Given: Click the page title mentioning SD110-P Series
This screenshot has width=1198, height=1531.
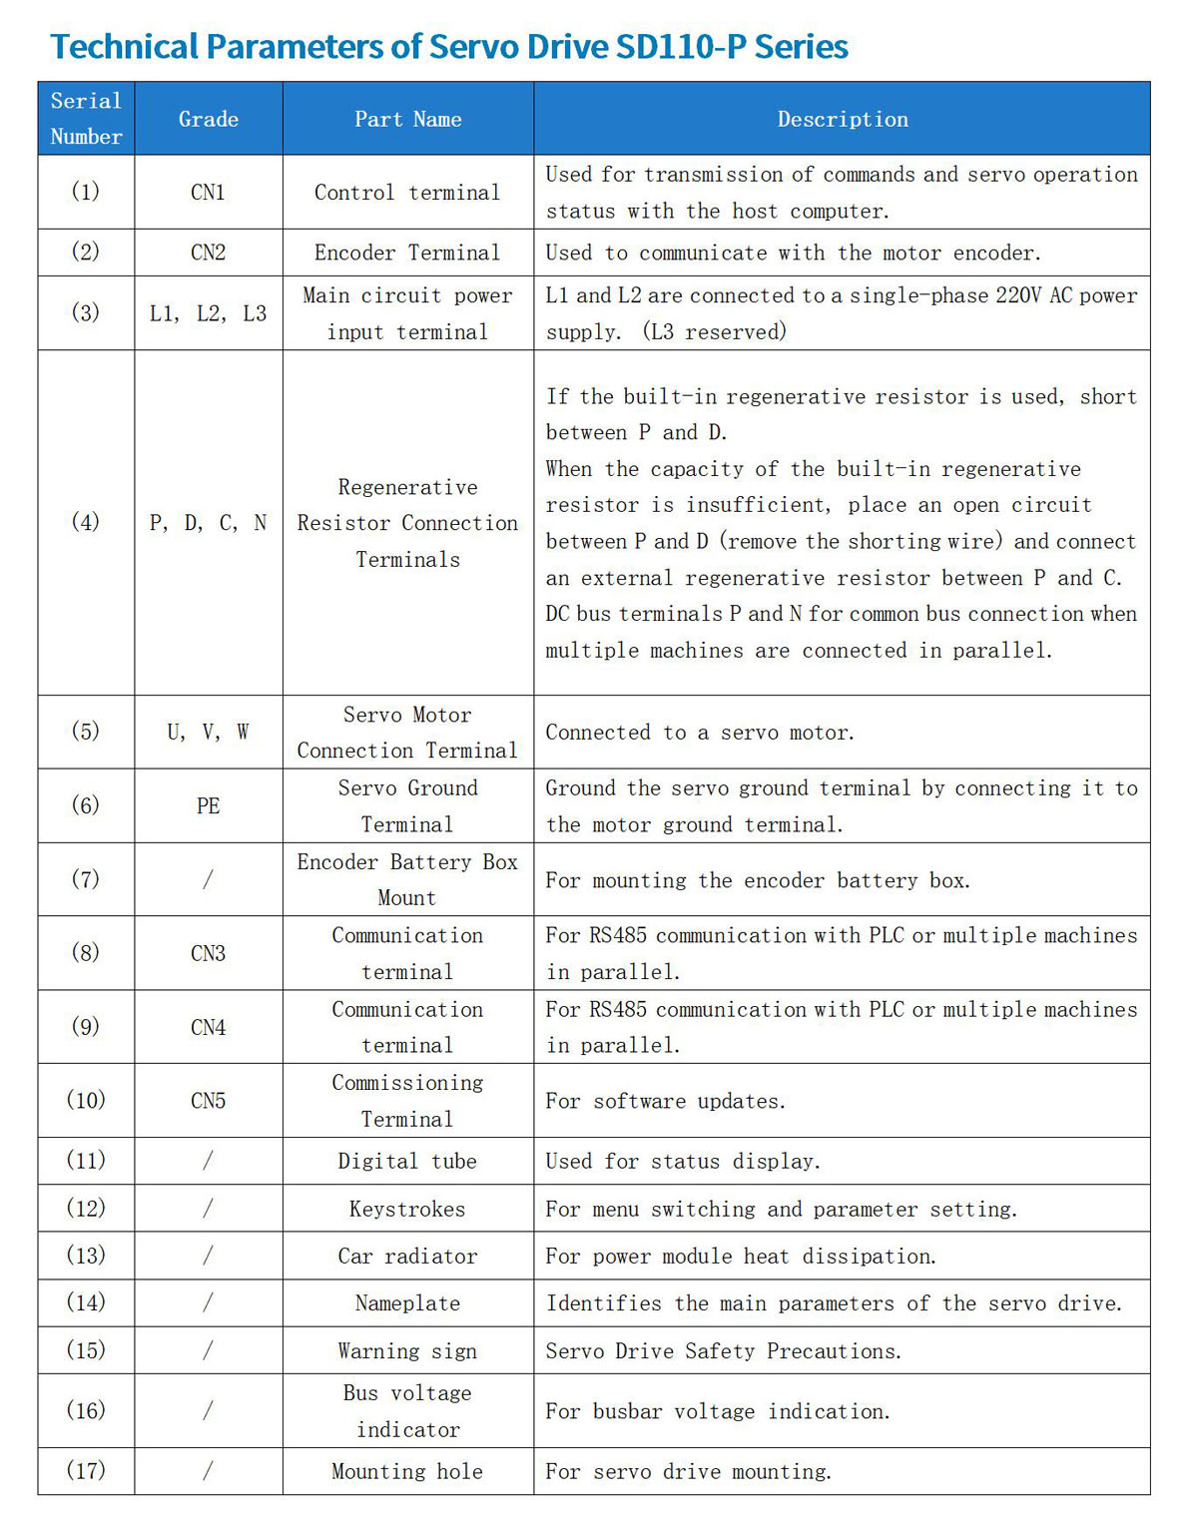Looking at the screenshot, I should pos(449,47).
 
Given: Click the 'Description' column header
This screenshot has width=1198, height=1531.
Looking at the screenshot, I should pos(843,120).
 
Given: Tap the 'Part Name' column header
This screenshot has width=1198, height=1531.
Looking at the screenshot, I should pos(408,120).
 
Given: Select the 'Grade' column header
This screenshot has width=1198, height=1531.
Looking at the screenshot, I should pos(209,120).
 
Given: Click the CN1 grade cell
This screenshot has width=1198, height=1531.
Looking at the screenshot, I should pos(209,193).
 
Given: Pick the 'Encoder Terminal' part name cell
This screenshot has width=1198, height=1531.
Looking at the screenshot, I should pos(407,254).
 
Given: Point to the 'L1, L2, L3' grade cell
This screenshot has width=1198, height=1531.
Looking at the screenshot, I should pos(209,313).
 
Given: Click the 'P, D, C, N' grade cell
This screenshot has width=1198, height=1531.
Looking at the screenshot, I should pos(209,523).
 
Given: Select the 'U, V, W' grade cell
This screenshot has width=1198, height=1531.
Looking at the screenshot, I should pos(209,733).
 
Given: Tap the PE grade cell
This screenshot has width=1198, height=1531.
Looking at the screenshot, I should pos(209,806).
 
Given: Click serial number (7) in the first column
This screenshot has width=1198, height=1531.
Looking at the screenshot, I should pos(86,879).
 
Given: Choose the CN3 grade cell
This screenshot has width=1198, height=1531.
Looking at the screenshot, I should pos(209,953).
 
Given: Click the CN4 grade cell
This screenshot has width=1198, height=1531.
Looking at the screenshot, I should pos(209,1027).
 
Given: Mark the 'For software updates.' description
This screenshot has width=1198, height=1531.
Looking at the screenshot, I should pos(666,1101).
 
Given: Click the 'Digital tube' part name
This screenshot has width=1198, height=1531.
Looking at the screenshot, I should pos(407,1162).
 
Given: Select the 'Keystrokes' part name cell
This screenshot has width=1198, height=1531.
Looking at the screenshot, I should pos(407,1210).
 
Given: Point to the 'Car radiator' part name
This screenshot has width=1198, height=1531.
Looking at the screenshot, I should pos(407,1257).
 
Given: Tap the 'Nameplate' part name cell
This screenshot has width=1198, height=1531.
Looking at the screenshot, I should pos(407,1303).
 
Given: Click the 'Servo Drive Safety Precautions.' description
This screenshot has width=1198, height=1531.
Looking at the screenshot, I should pos(724,1351).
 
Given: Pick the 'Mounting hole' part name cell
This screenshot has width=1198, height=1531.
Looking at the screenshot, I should pos(407,1472).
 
